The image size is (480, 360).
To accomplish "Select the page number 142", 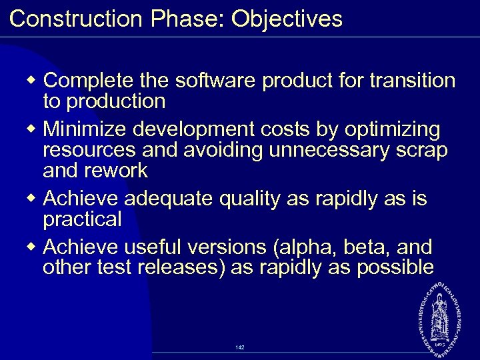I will pos(240,347).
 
